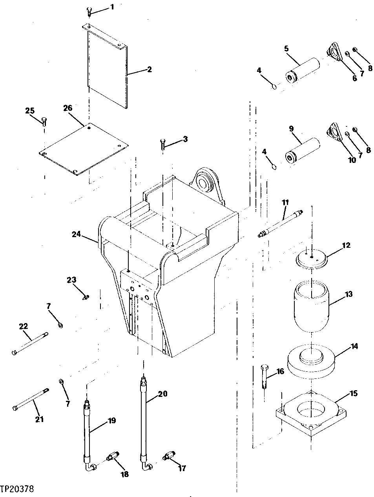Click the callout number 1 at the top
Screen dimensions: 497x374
pos(113,7)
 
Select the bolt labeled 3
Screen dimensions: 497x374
pos(163,144)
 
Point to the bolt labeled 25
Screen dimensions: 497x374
pos(44,121)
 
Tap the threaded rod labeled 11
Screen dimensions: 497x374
pos(281,224)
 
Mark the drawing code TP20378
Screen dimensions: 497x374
pos(17,489)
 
